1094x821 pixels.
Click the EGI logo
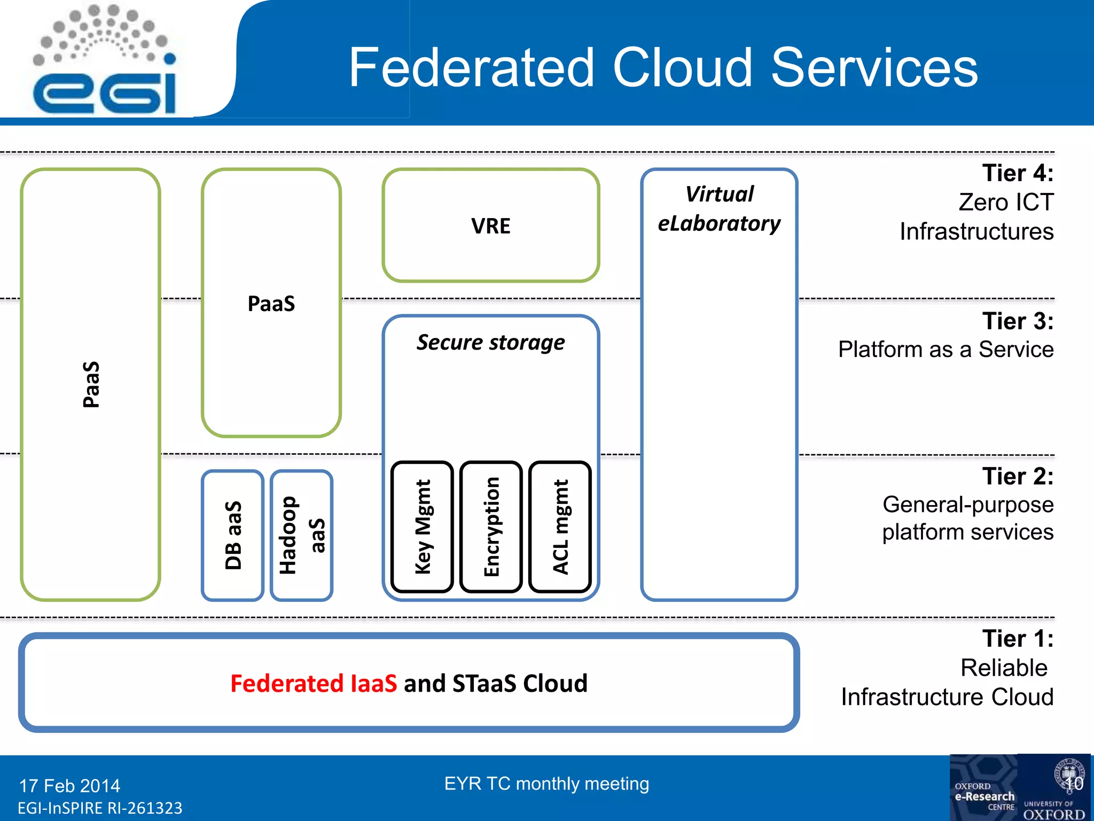coord(104,61)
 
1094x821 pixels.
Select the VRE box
coord(490,226)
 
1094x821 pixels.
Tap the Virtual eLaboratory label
coord(719,209)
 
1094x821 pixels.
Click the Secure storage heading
coord(490,343)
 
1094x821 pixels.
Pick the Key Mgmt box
coord(422,527)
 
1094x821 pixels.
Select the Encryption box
coord(491,527)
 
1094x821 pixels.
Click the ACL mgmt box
coord(560,527)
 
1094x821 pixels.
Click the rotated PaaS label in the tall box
coord(91,384)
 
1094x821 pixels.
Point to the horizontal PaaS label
coord(271,304)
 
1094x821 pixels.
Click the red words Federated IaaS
coord(314,684)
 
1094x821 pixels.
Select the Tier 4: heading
coord(1018,173)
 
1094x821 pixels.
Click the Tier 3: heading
coord(1018,321)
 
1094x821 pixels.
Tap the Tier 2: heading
coord(1018,476)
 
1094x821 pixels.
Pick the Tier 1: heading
coord(1018,639)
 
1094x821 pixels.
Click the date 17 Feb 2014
coord(69,786)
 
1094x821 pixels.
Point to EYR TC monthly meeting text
coord(546,784)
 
